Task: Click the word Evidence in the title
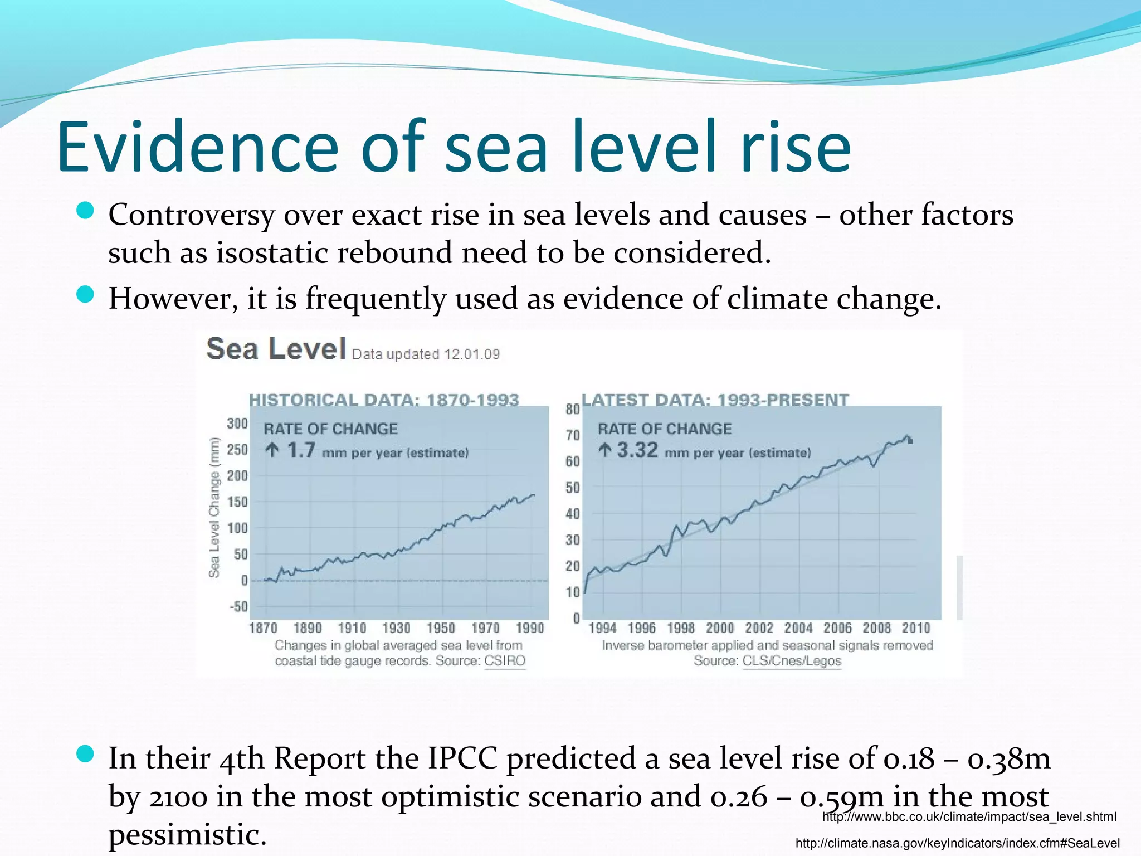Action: [x=197, y=147]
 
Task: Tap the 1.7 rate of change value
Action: [x=301, y=450]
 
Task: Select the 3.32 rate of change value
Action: [x=637, y=450]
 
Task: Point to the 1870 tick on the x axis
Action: [x=263, y=628]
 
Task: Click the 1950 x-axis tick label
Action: [x=441, y=628]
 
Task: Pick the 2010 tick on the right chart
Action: [x=916, y=628]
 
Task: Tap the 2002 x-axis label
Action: [x=759, y=628]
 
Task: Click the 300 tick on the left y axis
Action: [x=237, y=424]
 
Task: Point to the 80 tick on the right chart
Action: [x=573, y=410]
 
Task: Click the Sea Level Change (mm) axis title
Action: [x=214, y=508]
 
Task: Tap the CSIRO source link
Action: [x=505, y=661]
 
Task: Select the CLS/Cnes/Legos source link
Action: [x=792, y=661]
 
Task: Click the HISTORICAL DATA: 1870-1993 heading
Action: [x=384, y=400]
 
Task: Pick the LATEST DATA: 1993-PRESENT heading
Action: [x=715, y=400]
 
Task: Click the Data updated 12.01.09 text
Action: [x=426, y=354]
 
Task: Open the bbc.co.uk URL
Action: [x=969, y=817]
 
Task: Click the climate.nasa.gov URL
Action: [x=957, y=843]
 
